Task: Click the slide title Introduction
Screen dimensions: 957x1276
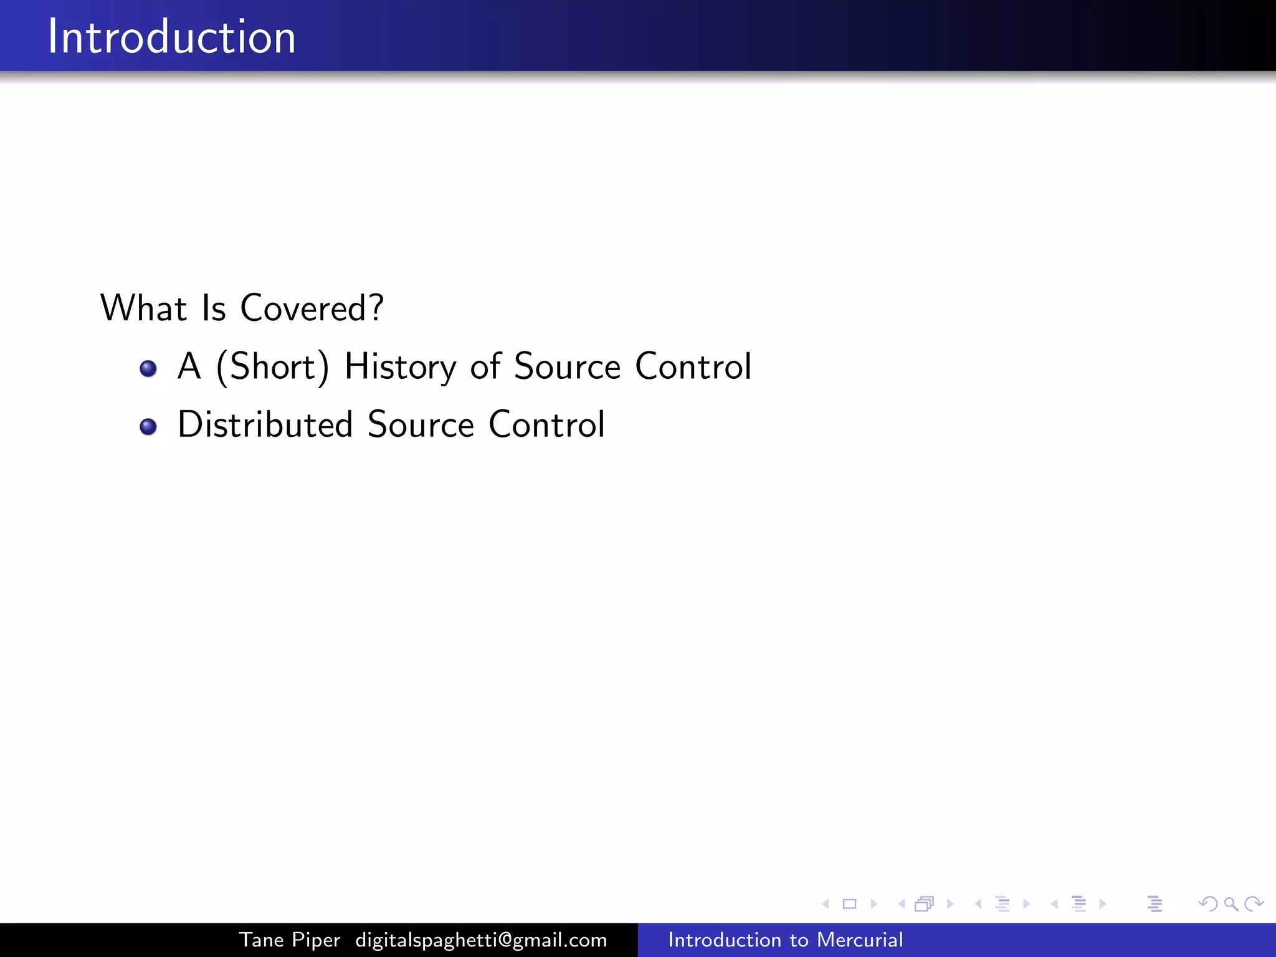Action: (171, 37)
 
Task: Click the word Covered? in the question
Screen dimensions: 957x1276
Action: (312, 308)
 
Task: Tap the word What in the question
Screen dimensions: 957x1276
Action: (143, 308)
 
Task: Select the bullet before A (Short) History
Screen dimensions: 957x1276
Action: (148, 369)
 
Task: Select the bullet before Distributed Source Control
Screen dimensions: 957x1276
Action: (148, 427)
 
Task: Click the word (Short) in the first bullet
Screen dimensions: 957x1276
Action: (272, 366)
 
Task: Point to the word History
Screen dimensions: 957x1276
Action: (400, 366)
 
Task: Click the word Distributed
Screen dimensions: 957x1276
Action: (265, 425)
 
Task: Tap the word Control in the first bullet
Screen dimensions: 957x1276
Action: (693, 366)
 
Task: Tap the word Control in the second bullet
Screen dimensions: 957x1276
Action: (546, 425)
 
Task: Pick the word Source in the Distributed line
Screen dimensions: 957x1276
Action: (421, 425)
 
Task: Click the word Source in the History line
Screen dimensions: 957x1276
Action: (567, 366)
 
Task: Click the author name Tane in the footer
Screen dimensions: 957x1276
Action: (262, 940)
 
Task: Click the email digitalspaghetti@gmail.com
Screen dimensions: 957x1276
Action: (481, 940)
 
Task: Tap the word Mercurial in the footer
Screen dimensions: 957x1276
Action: (860, 940)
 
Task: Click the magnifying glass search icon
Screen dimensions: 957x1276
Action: (1231, 903)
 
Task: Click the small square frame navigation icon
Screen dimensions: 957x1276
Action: (849, 903)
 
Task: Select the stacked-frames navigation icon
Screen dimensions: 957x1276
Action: (925, 903)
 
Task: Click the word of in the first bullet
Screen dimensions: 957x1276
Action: (485, 366)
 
